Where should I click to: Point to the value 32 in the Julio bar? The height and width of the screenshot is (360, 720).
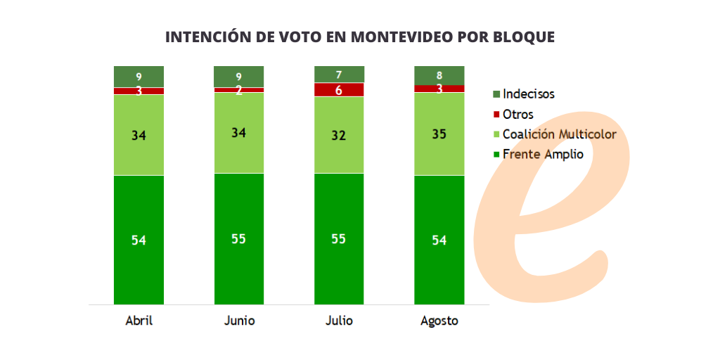339,135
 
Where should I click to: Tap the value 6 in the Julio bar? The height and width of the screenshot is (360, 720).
339,90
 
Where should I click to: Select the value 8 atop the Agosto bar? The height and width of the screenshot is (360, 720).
439,75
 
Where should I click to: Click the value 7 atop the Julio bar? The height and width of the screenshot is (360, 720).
339,74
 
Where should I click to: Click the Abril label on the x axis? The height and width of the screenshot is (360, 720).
139,321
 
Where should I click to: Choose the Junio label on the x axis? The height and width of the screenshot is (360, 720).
239,321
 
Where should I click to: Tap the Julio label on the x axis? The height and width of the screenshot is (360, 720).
339,321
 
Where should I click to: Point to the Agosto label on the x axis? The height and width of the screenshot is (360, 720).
439,321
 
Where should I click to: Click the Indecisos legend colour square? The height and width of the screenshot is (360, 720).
496,94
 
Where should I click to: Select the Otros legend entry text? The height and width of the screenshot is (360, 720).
518,114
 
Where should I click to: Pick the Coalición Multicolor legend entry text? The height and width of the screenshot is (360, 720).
560,134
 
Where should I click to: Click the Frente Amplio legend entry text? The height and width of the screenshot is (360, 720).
543,154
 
